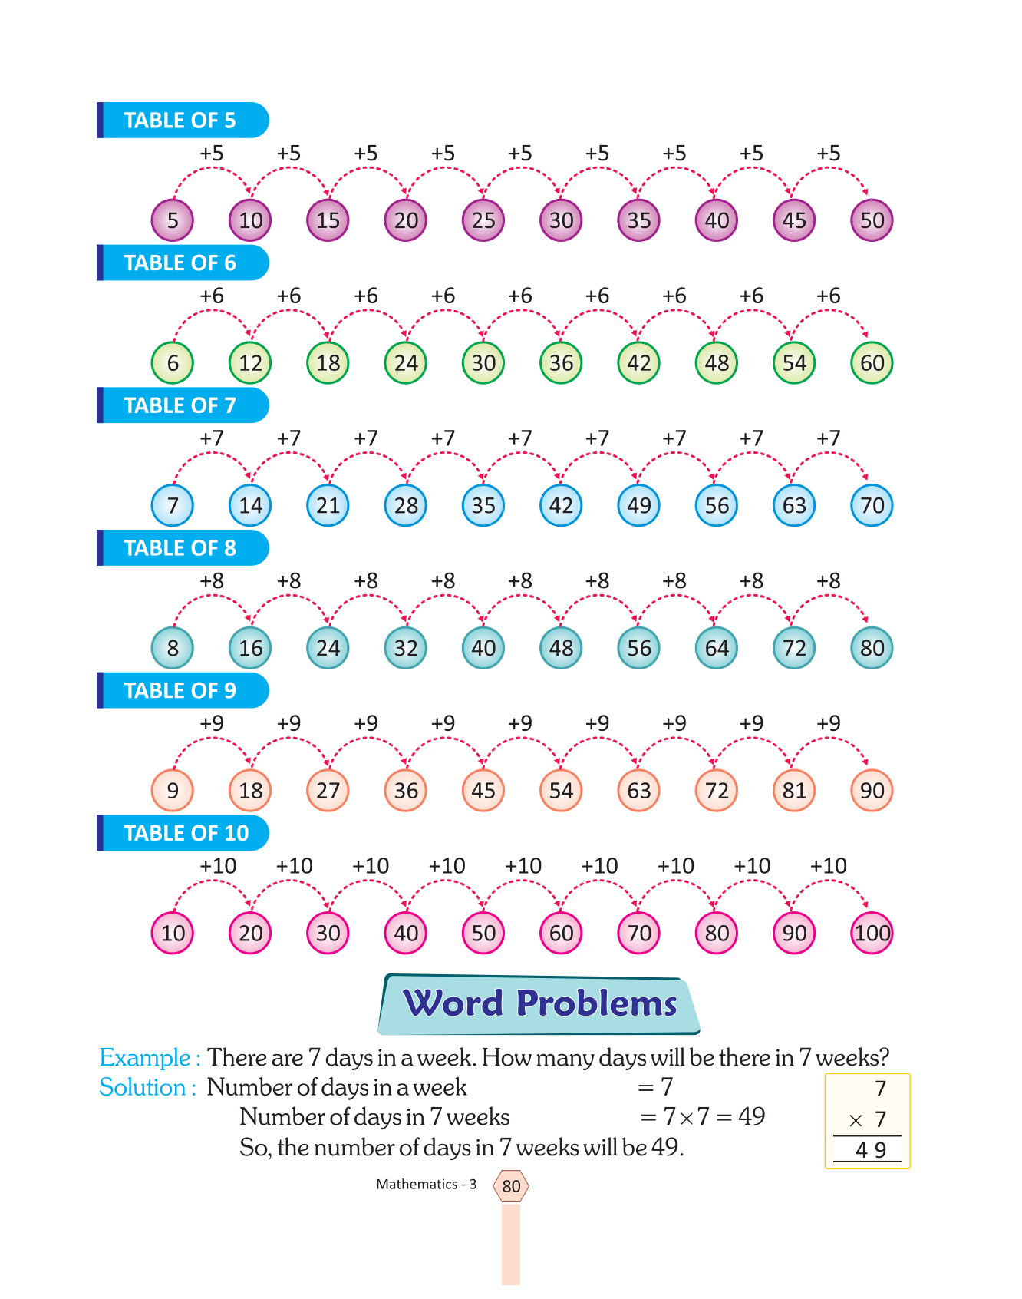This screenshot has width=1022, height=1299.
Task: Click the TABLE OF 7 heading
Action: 180,405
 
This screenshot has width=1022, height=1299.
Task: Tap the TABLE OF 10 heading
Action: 186,833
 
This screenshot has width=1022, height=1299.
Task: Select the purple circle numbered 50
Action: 872,220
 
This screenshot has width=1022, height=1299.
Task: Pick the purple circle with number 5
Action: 173,220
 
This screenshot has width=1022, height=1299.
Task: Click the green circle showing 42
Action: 638,363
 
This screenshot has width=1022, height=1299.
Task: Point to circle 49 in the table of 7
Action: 638,505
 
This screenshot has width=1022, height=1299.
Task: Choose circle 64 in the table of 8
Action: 717,648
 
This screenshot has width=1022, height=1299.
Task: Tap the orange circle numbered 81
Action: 794,791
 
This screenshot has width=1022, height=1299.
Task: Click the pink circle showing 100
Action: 872,933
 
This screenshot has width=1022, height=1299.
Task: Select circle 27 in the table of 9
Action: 328,791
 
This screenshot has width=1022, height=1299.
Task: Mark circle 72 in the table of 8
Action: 794,648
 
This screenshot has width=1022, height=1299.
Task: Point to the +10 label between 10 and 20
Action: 218,866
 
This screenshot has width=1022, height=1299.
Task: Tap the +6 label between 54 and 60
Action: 829,296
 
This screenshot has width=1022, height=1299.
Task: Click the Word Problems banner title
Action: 539,1003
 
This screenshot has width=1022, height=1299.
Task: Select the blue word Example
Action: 145,1058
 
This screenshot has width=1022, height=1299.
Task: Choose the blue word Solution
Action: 143,1088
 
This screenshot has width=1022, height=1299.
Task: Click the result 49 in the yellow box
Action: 871,1150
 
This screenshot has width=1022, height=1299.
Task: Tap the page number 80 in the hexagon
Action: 511,1186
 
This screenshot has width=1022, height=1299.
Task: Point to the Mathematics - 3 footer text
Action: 426,1185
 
